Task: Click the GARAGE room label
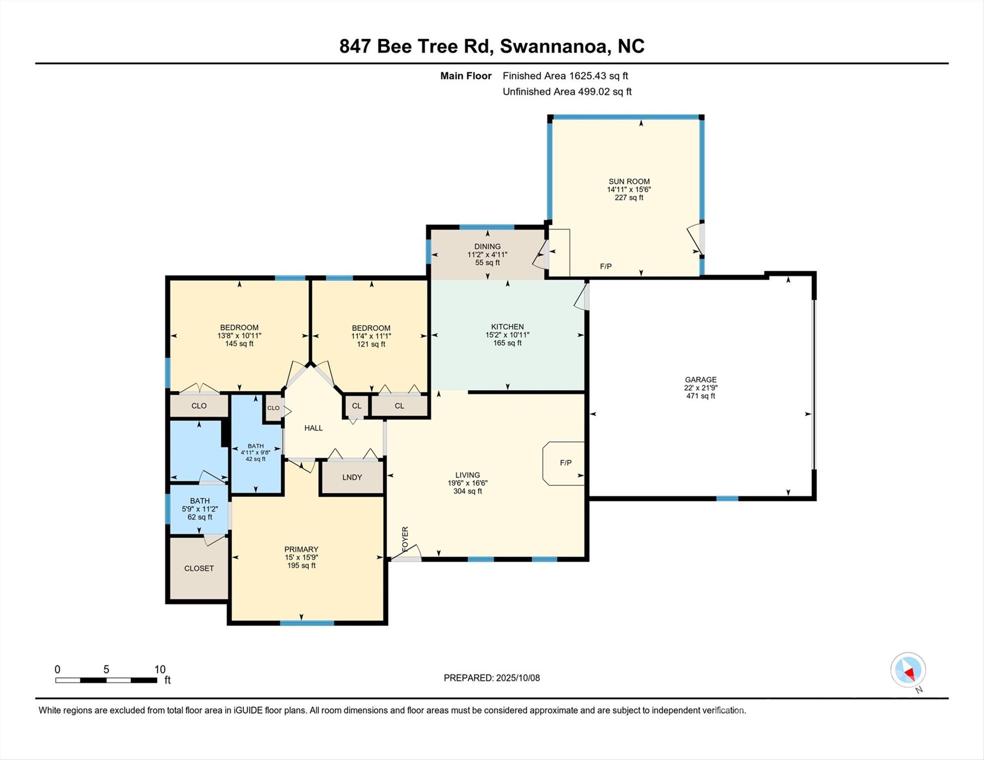click(x=700, y=380)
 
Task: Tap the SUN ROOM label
click(x=629, y=181)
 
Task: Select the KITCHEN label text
click(x=507, y=327)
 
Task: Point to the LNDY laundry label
click(x=352, y=477)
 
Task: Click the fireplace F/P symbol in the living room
click(x=565, y=463)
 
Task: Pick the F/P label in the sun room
click(x=606, y=266)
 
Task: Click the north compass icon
click(x=908, y=670)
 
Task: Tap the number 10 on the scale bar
click(x=159, y=669)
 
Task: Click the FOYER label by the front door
click(x=405, y=539)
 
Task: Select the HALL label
click(x=313, y=428)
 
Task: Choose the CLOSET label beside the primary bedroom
click(x=199, y=568)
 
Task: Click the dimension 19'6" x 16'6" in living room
click(x=468, y=483)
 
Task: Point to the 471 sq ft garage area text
click(x=700, y=396)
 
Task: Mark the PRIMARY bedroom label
click(x=301, y=549)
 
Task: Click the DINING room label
click(x=488, y=246)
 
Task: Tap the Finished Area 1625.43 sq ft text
click(x=565, y=76)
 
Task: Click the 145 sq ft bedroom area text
click(x=239, y=343)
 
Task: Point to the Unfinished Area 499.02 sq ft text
click(x=567, y=92)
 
